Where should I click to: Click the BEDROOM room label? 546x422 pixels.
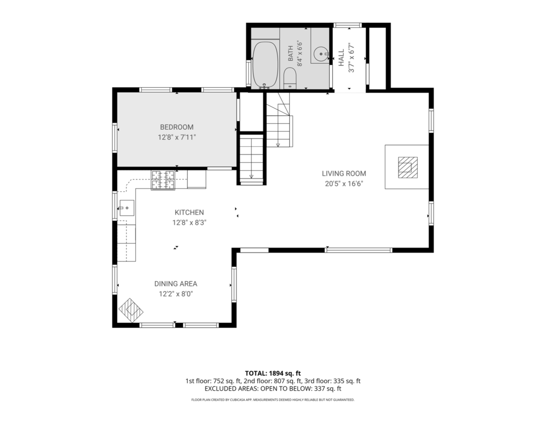pyautogui.click(x=177, y=127)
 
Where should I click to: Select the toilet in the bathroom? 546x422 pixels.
pyautogui.click(x=290, y=78)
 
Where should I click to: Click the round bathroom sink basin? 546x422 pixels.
pyautogui.click(x=321, y=54)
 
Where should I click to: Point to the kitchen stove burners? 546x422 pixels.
pyautogui.click(x=163, y=180)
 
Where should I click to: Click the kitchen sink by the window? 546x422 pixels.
pyautogui.click(x=127, y=208)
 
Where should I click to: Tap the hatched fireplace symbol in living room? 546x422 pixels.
pyautogui.click(x=408, y=168)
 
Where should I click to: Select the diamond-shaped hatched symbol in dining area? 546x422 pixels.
pyautogui.click(x=131, y=310)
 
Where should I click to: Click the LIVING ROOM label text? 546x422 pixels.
pyautogui.click(x=344, y=173)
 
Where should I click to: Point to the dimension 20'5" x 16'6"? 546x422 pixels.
pyautogui.click(x=344, y=184)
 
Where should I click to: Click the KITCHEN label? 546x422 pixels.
pyautogui.click(x=189, y=212)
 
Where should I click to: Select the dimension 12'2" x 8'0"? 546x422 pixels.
pyautogui.click(x=176, y=294)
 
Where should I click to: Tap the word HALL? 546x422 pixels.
pyautogui.click(x=341, y=58)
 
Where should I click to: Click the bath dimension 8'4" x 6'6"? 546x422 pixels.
pyautogui.click(x=299, y=53)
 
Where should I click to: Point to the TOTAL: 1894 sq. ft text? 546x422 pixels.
pyautogui.click(x=273, y=373)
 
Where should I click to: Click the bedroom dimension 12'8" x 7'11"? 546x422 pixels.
pyautogui.click(x=177, y=137)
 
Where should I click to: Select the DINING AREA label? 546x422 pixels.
pyautogui.click(x=176, y=284)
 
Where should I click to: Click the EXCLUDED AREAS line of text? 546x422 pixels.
pyautogui.click(x=273, y=388)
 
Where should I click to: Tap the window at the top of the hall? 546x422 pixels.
pyautogui.click(x=347, y=25)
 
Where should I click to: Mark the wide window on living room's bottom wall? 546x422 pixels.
pyautogui.click(x=358, y=250)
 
